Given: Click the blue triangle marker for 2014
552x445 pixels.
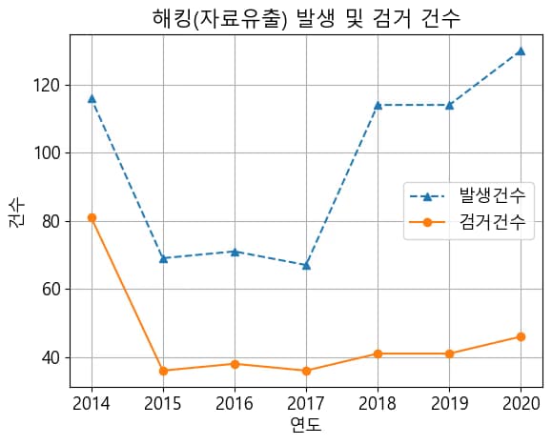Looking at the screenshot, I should (92, 98).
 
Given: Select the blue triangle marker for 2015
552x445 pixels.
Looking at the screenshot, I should (163, 258).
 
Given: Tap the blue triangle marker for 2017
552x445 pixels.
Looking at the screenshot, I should (306, 265).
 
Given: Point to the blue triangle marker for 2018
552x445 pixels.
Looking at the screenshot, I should (378, 105).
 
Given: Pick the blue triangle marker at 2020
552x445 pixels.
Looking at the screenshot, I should (521, 51).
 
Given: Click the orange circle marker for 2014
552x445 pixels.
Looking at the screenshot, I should (92, 217).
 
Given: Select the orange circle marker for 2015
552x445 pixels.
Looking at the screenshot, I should (163, 371).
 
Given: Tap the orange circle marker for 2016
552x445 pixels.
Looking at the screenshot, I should (235, 364).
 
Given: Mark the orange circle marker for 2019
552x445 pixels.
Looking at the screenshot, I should (449, 354).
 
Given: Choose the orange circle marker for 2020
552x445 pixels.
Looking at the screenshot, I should (521, 336).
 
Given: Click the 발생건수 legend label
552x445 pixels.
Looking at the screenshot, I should (491, 196).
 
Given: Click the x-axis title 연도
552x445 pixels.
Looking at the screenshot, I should (306, 425).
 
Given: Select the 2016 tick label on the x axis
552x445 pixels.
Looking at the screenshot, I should (235, 402).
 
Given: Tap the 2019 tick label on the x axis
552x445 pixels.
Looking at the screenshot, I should (449, 402).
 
